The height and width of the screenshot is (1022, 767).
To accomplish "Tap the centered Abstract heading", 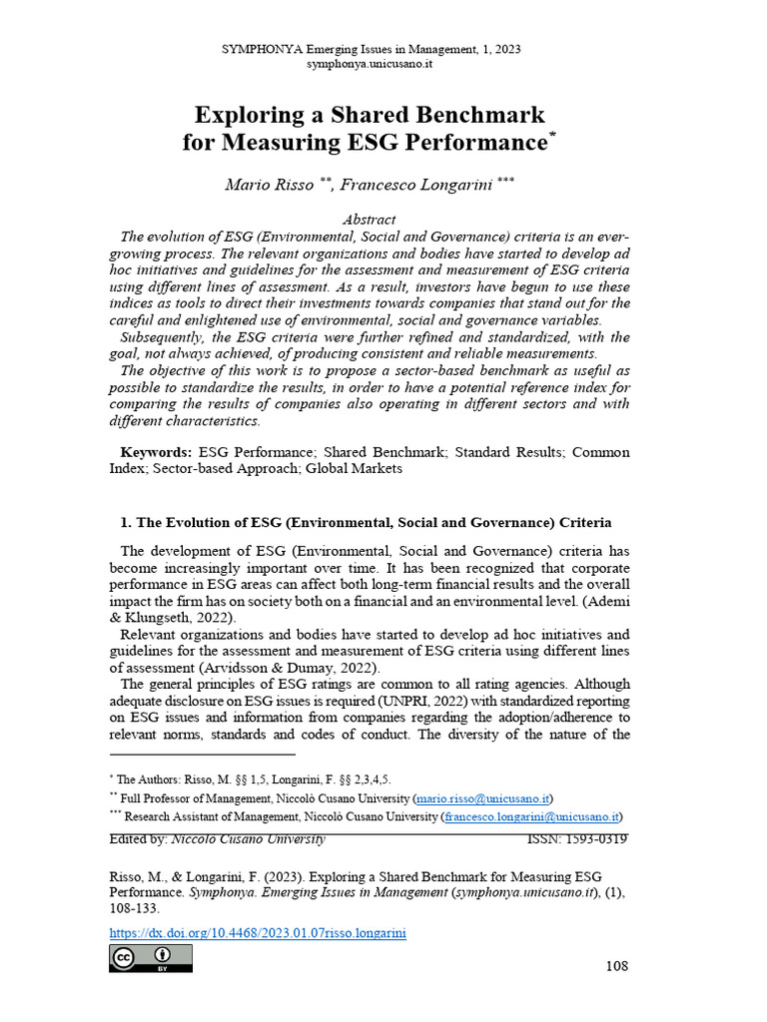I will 370,219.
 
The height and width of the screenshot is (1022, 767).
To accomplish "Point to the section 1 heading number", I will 126,522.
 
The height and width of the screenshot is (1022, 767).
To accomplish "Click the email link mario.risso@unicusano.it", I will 483,798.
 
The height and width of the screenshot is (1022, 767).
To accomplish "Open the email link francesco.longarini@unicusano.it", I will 533,817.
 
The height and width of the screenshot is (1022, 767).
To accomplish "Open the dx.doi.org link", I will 257,933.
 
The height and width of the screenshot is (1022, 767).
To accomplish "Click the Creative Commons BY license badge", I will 150,959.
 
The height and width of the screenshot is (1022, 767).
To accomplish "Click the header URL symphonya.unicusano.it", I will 370,63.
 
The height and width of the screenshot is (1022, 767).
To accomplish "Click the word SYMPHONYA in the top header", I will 264,49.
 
